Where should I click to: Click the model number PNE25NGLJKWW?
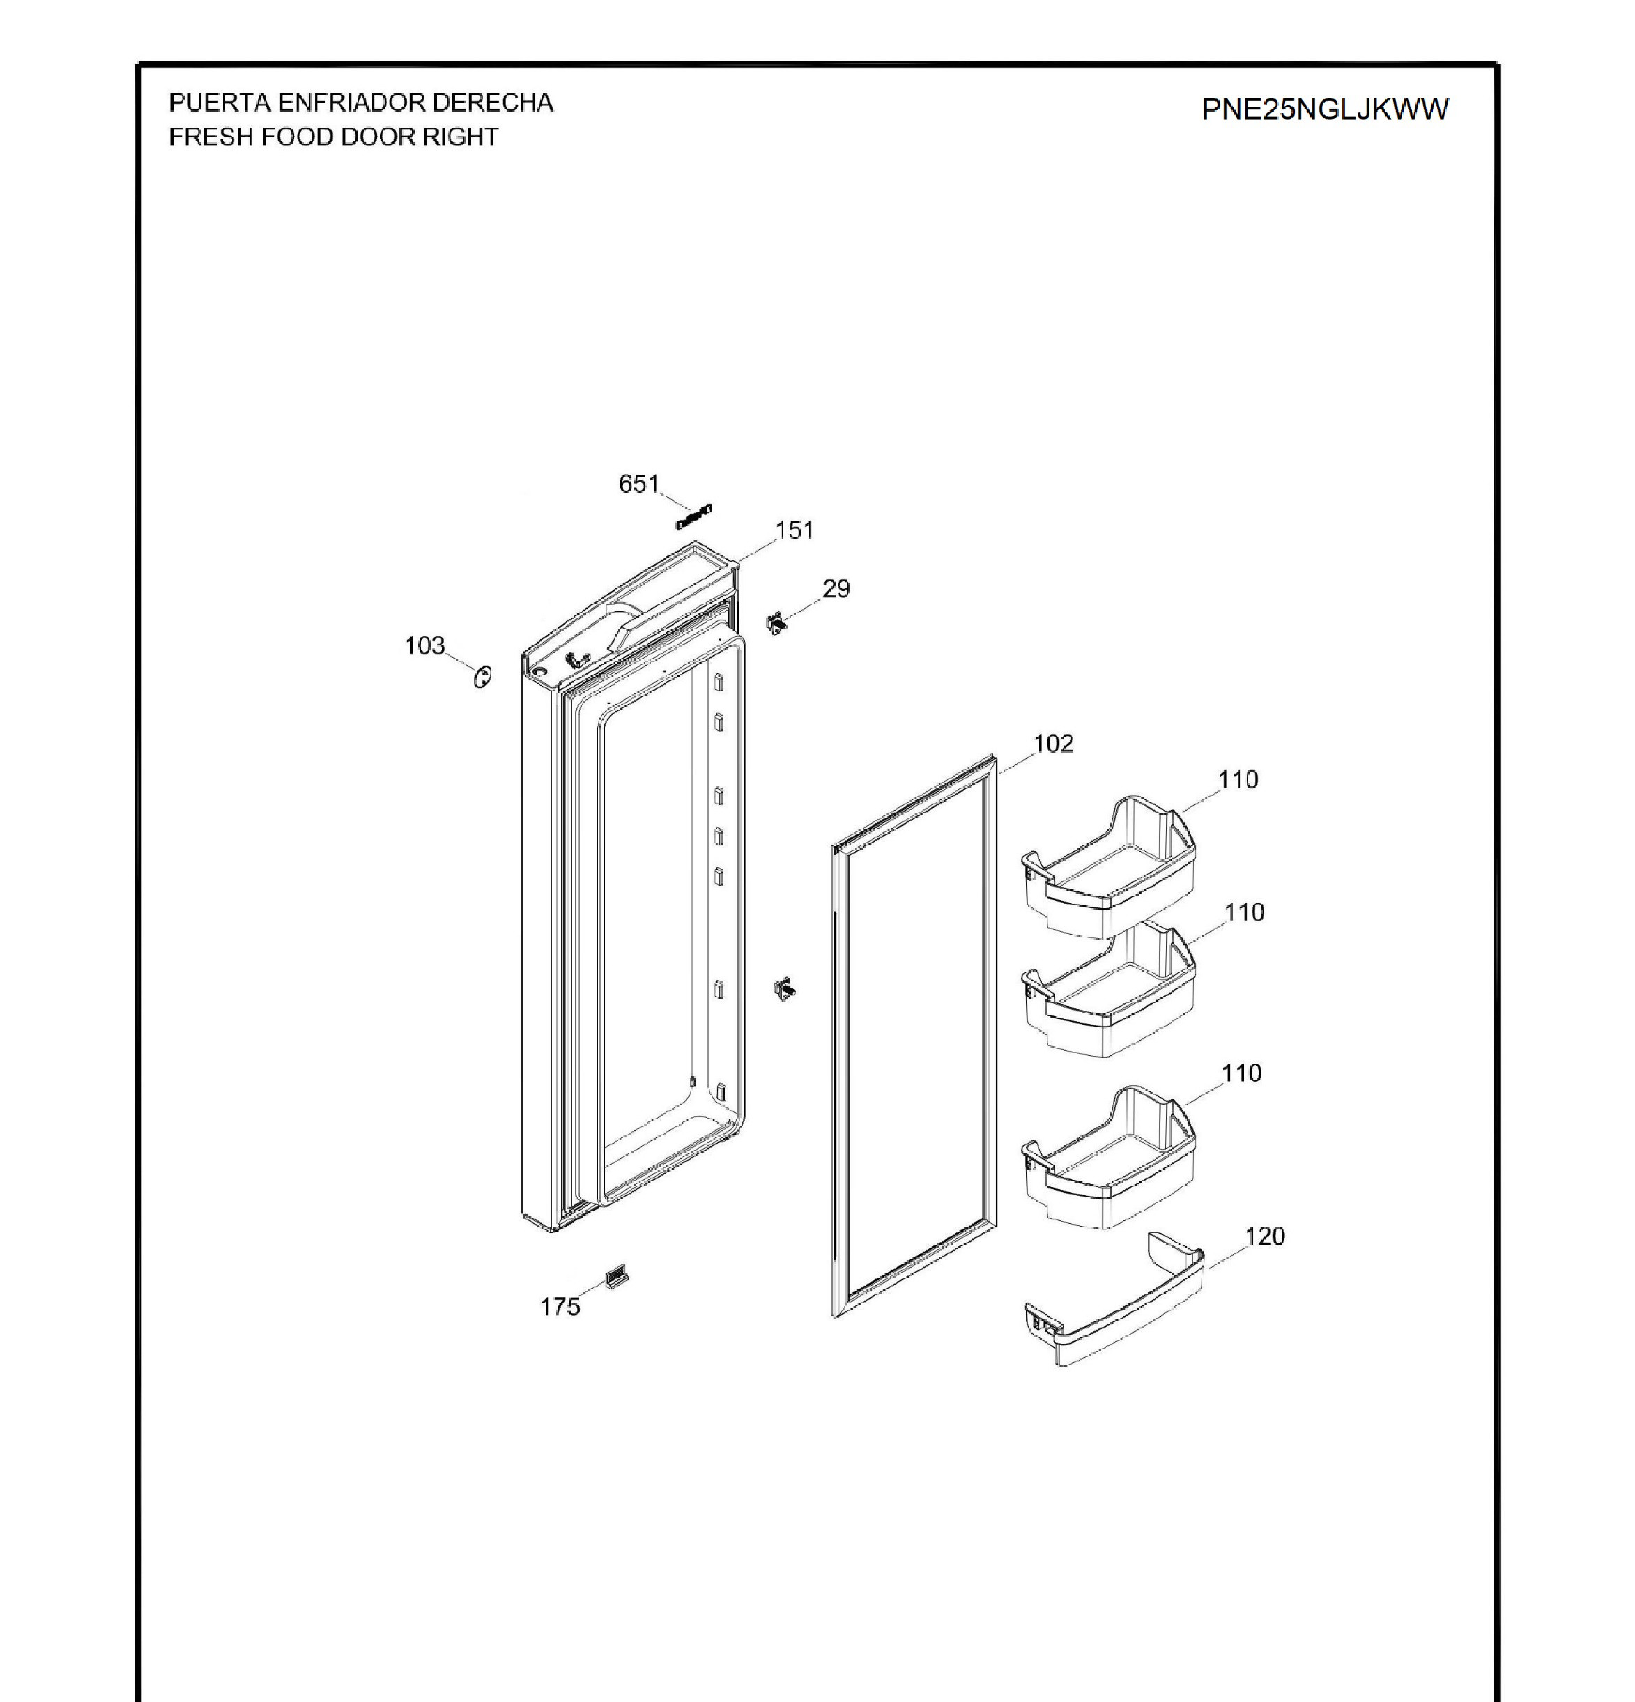[1324, 109]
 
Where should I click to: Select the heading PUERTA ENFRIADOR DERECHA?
[360, 102]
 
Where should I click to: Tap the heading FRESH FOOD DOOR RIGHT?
[333, 137]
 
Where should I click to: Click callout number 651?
[639, 484]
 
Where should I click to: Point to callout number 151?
[795, 530]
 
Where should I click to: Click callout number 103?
[424, 645]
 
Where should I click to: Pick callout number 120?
[1264, 1236]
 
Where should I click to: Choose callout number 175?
[560, 1306]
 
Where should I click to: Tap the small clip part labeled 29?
[777, 622]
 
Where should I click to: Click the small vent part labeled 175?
[617, 1277]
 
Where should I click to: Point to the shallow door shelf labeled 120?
[1113, 1299]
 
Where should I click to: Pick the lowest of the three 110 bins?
[1109, 1157]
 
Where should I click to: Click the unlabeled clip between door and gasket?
[784, 990]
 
